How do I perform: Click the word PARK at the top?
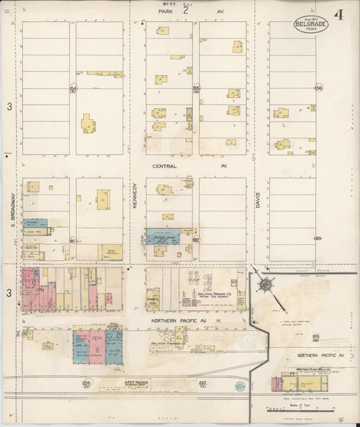pyautogui.click(x=166, y=11)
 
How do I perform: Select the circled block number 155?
pyautogui.click(x=196, y=89)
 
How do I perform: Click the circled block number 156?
pyautogui.click(x=319, y=89)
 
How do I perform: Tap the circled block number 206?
pyautogui.click(x=86, y=383)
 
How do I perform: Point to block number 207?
pyautogui.click(x=203, y=383)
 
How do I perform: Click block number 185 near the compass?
pyautogui.click(x=315, y=336)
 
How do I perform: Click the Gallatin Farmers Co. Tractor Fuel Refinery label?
pyautogui.click(x=215, y=295)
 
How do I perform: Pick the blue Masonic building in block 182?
pyautogui.click(x=163, y=236)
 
